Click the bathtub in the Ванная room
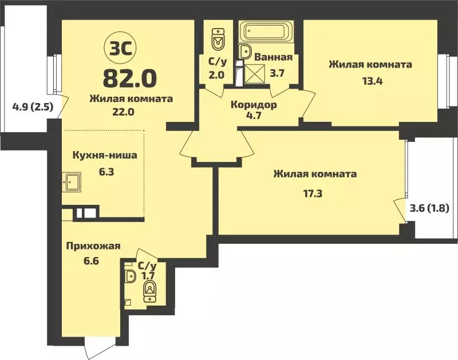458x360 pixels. coord(266,32)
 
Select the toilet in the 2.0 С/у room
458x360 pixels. coord(217,38)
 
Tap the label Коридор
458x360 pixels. coord(254,105)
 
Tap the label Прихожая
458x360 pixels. coord(92,246)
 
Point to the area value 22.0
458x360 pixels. coord(123,112)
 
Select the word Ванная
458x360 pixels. coord(273,57)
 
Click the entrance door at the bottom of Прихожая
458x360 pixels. coord(86,346)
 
